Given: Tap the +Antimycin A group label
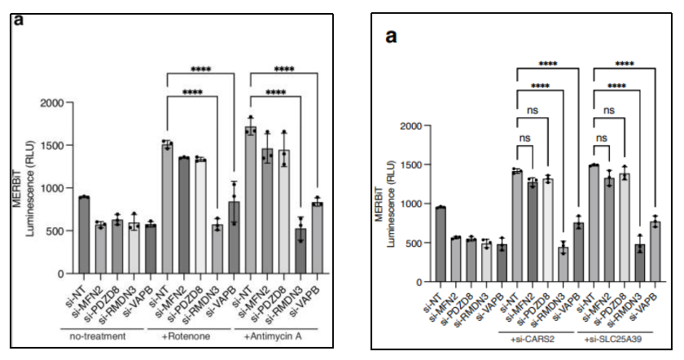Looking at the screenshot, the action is click(x=273, y=336).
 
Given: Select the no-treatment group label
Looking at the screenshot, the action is click(x=97, y=336).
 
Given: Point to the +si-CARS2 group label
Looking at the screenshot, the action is click(x=533, y=339).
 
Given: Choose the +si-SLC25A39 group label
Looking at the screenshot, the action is click(x=612, y=339).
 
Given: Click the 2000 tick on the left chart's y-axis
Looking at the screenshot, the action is click(x=51, y=103).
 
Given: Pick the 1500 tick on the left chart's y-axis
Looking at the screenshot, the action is click(x=51, y=145).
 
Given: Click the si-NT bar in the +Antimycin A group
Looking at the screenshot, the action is click(x=251, y=200).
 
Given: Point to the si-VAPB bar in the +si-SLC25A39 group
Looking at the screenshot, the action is click(x=655, y=252).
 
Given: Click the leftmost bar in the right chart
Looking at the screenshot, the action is click(x=441, y=244).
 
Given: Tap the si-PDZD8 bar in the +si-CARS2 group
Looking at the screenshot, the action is click(x=548, y=230).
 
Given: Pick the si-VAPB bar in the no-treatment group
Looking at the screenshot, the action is click(x=151, y=249).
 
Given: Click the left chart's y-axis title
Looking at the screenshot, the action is click(x=23, y=188).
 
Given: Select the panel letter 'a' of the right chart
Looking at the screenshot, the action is click(x=392, y=37).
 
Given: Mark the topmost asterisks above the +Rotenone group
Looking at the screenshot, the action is click(x=200, y=69).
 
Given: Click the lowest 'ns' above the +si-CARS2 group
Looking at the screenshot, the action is click(x=524, y=138).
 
